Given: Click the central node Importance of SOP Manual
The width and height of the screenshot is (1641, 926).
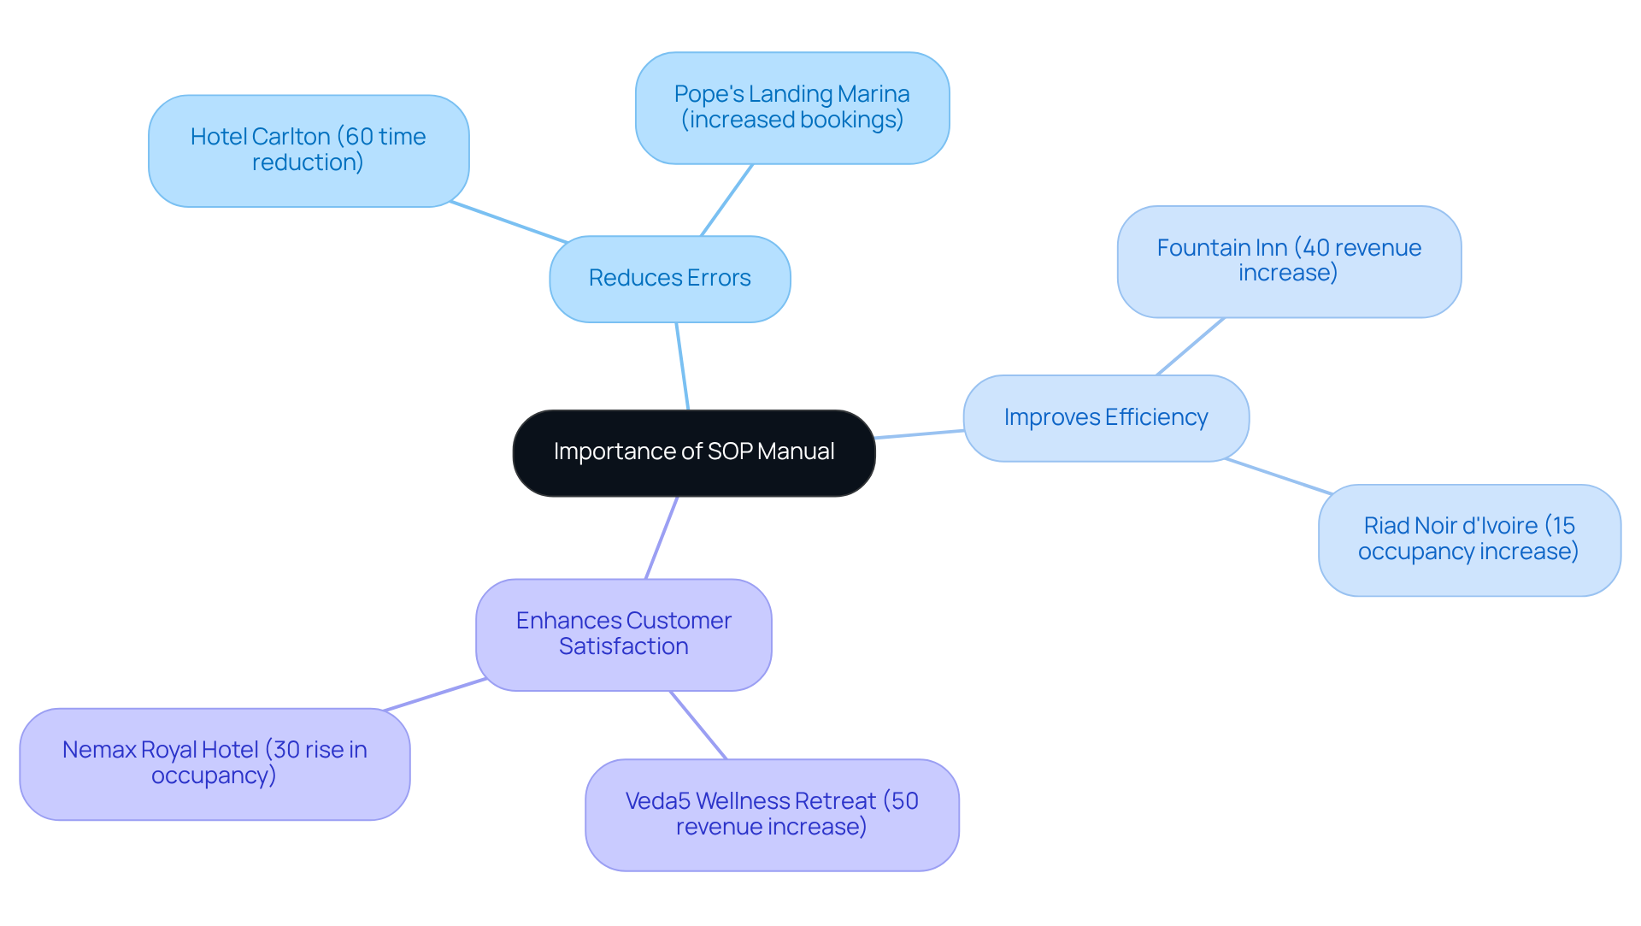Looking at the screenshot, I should tap(693, 452).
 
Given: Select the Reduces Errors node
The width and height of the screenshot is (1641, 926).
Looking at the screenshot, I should tap(669, 279).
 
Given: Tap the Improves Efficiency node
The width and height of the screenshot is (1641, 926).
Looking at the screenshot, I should tap(1105, 418).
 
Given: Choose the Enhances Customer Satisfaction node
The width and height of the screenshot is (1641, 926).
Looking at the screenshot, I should tap(623, 634).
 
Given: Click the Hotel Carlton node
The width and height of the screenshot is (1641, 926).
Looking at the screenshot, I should tap(308, 150).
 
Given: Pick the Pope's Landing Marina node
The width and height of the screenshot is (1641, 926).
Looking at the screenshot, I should tap(791, 108).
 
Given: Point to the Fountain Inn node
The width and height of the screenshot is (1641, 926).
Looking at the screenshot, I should tap(1288, 261).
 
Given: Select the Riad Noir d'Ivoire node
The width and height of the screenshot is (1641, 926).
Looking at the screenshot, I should tap(1468, 540).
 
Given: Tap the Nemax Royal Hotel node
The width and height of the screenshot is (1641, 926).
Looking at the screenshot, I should tap(215, 764).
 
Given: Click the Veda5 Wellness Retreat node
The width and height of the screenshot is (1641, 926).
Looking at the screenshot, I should tap(771, 815).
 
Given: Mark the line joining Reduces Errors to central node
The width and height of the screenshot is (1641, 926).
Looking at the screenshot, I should tap(682, 366).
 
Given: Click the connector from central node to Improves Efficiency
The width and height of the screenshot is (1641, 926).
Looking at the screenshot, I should tap(919, 434).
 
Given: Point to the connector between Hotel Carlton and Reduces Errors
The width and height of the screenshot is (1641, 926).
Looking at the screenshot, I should tap(509, 222).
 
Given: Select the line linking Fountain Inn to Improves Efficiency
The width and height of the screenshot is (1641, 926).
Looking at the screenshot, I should tap(1190, 346).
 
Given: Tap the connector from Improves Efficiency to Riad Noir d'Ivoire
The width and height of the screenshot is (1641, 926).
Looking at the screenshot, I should tap(1278, 476).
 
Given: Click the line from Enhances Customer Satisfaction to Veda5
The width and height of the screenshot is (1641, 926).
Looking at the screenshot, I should tap(698, 725).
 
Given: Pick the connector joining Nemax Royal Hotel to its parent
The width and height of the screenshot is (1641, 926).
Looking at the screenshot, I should tap(435, 694).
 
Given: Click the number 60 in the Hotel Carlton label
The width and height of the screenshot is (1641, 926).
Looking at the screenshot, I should tap(360, 137).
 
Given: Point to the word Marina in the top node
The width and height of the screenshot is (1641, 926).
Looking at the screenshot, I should tap(873, 94).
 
